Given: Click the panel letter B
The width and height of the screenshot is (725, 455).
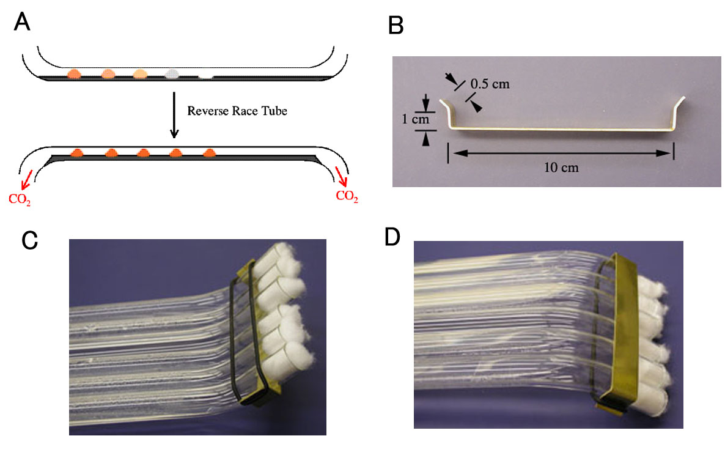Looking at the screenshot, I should coord(396,25).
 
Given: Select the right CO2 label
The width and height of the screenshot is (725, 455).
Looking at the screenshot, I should coord(347,196).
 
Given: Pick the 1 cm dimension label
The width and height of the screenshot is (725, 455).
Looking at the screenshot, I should coord(421,119).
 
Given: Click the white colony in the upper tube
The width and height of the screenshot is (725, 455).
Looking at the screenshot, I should coord(207,75).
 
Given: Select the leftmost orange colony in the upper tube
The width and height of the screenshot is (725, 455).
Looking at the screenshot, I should coord(75,73).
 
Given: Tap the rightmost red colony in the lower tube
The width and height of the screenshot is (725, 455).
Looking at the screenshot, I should coord(209,152).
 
